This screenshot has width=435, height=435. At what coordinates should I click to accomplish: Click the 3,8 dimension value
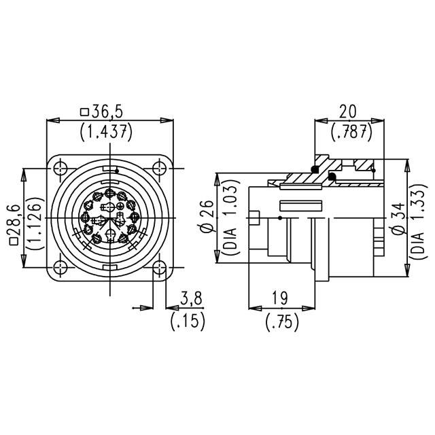click(x=193, y=299)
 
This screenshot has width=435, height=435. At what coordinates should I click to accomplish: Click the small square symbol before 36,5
click(x=84, y=112)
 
